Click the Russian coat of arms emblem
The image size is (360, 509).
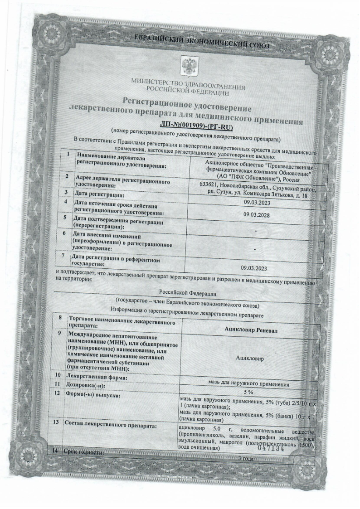187,65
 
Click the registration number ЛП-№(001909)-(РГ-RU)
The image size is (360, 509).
187,128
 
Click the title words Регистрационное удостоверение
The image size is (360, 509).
186,103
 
